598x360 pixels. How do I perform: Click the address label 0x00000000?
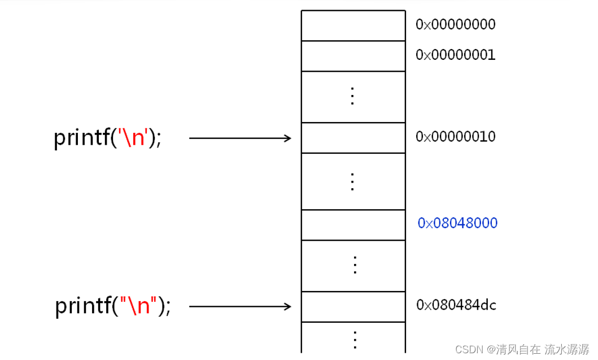coord(456,24)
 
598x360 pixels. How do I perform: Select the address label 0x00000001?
coord(456,55)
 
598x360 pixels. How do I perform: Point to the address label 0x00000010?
coord(456,137)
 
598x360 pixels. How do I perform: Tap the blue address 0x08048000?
coord(457,223)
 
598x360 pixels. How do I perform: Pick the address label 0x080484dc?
coord(456,305)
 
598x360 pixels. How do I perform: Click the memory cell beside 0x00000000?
coord(353,25)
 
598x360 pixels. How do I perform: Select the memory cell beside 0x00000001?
coord(353,56)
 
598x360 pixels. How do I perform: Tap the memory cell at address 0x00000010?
coord(353,138)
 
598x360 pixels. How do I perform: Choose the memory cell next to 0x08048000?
coord(353,225)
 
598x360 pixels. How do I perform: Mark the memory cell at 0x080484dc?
coord(353,306)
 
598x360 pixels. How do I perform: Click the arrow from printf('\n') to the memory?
coord(240,138)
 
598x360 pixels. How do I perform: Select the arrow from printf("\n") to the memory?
coord(240,306)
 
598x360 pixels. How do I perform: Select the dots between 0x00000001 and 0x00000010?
coord(353,97)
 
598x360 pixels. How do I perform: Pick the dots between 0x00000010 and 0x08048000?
coord(353,181)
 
